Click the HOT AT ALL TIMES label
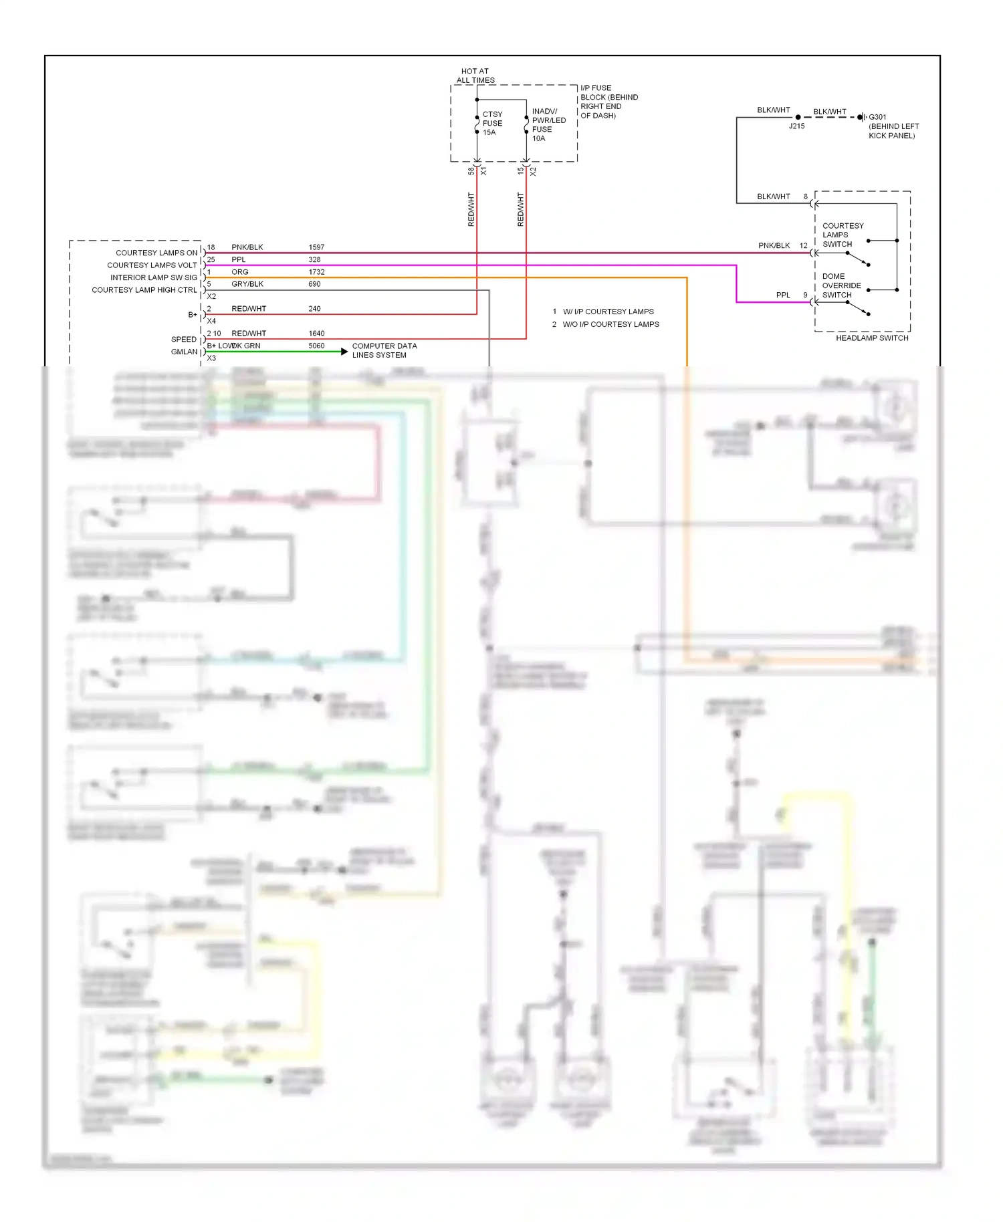[x=475, y=76]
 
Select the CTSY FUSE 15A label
[x=492, y=123]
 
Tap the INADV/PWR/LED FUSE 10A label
[x=548, y=125]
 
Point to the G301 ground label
[x=877, y=117]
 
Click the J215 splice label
[x=796, y=126]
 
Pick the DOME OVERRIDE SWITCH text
[x=841, y=285]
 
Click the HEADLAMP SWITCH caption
[x=871, y=338]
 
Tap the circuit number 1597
[x=316, y=247]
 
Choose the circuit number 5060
[x=316, y=346]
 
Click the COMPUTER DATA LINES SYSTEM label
[x=384, y=350]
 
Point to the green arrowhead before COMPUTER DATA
[x=344, y=352]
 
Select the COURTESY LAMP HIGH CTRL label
[x=144, y=290]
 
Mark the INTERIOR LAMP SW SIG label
[x=154, y=277]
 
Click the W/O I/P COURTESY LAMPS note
[x=610, y=324]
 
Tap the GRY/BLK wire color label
[x=247, y=284]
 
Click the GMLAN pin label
[x=184, y=352]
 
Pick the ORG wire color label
[x=239, y=272]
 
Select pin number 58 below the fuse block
[x=471, y=171]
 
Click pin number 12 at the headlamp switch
[x=803, y=246]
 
